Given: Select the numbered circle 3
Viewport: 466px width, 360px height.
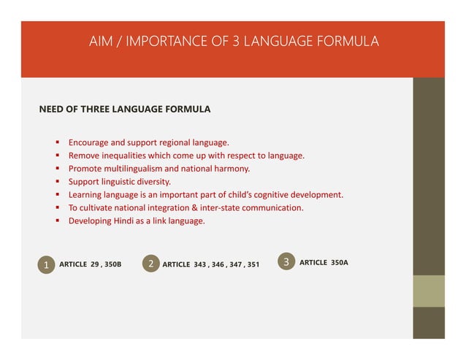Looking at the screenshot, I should [286, 261].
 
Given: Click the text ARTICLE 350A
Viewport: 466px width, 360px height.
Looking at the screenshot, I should [324, 261].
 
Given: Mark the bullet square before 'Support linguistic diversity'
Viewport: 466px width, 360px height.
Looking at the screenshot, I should [56, 182].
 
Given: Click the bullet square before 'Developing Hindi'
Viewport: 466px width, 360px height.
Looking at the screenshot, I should [56, 221].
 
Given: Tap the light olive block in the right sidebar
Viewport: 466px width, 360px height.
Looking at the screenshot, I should [429, 290].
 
